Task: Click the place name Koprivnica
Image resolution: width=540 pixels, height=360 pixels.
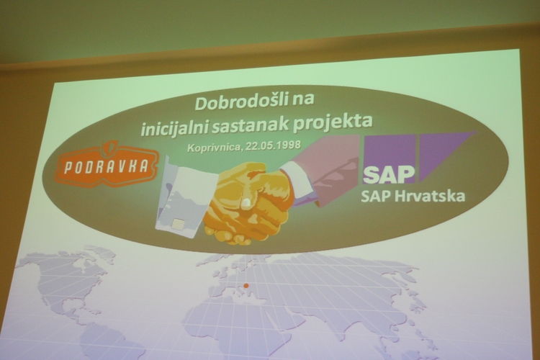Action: pos(213,148)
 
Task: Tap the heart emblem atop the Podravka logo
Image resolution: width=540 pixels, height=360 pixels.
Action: pos(112,148)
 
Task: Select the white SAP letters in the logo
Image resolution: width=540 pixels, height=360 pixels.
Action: pos(388,176)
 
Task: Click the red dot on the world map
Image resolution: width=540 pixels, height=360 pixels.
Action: pos(246,285)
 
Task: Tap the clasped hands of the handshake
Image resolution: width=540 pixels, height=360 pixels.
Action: pos(247,203)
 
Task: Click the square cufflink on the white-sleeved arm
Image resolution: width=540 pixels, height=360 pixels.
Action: pos(178,225)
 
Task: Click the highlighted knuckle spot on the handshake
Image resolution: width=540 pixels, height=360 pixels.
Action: pos(246,203)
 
